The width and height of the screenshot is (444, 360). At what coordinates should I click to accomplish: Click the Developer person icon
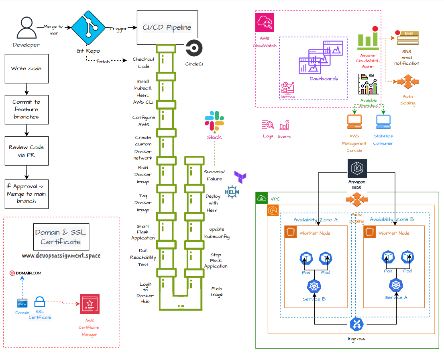26,28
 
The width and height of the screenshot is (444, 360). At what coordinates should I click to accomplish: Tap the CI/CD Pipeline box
167,27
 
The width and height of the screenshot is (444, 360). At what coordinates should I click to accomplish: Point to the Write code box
26,69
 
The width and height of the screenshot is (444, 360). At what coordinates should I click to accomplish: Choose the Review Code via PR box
26,151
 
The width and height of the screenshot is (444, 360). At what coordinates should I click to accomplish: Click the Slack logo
214,121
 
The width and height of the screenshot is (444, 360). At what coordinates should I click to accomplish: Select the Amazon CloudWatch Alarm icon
368,39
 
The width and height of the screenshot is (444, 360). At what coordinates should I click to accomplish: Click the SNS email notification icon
407,38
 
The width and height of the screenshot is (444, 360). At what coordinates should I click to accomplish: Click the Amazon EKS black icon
357,168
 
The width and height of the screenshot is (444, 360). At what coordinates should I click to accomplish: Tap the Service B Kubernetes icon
314,286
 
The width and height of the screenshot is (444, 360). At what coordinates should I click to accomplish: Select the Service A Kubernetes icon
396,285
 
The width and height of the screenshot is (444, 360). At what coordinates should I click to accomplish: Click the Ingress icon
356,324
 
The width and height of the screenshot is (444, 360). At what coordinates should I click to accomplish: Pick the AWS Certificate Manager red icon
90,304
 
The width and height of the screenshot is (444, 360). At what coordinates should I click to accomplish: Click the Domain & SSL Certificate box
61,237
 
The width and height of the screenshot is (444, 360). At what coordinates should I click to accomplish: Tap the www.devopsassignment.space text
61,256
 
